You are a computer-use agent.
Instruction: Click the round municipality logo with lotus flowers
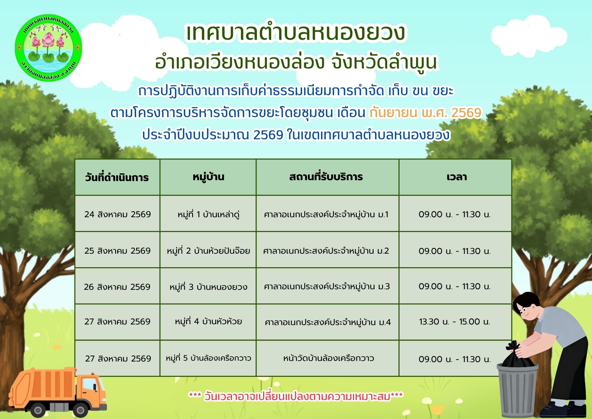pos(48,48)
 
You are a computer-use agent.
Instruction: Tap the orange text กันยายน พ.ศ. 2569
pos(425,113)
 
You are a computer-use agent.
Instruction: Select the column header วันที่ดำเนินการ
pos(117,177)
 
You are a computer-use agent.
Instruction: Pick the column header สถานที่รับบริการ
pos(326,177)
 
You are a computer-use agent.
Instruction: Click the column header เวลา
pos(457,177)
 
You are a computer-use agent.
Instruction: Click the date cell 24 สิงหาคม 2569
pos(118,214)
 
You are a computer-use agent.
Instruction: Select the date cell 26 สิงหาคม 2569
pos(117,287)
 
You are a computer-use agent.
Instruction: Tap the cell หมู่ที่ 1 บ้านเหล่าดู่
pos(208,214)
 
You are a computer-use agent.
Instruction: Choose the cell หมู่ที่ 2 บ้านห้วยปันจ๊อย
pos(208,251)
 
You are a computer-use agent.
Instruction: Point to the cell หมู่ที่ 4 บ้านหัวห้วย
pos(208,322)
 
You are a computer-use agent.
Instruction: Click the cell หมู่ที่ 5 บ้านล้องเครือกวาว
pos(208,358)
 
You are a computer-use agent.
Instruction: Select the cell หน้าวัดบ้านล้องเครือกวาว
pos(329,358)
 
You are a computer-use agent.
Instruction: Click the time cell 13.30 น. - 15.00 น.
pos(455,322)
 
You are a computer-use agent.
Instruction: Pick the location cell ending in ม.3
pos(327,287)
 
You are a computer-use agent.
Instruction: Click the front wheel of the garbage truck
pos(80,410)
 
